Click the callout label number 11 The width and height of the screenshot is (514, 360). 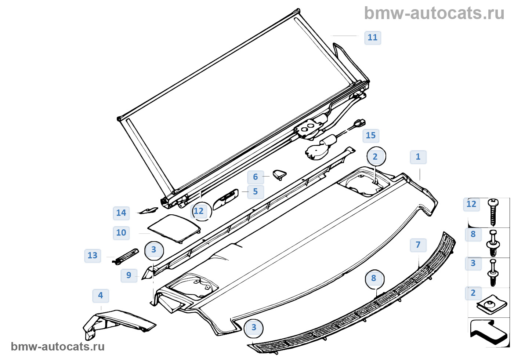pos(372,37)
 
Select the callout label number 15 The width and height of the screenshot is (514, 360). pos(370,136)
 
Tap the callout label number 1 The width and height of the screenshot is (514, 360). pos(418,157)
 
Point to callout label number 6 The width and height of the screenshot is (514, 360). pos(255,177)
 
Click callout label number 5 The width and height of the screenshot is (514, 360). pos(255,192)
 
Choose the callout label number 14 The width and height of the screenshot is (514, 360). pos(121,213)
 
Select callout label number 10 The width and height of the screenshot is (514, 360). pos(121,233)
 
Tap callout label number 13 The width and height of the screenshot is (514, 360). pos(92,255)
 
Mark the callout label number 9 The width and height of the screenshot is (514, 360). pos(128,275)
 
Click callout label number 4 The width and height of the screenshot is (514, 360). pos(100,295)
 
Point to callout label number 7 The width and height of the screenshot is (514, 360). pos(418,245)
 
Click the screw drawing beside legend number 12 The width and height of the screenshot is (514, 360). pos(493,212)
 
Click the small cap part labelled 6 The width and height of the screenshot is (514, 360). pos(279,174)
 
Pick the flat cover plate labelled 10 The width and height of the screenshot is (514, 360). pos(174,228)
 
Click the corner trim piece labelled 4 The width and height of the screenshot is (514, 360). pos(117,321)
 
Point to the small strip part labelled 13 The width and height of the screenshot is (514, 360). pos(126,255)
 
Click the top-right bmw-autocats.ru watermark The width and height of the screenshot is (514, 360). pos(434,14)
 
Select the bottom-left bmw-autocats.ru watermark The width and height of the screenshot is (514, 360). pos(58,346)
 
